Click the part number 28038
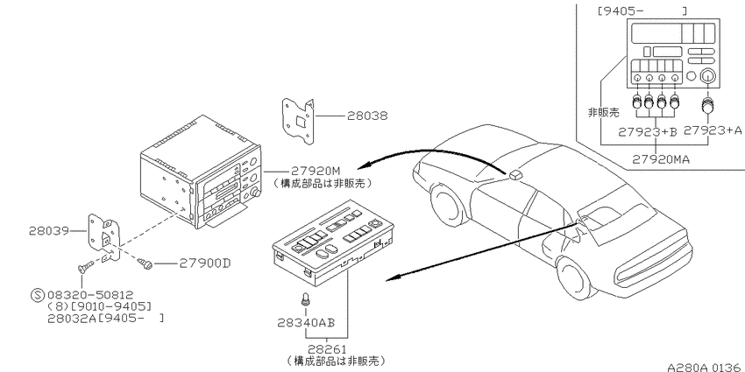click(366, 116)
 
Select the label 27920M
click(315, 171)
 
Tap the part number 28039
click(48, 231)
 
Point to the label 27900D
click(204, 263)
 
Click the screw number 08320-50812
click(90, 295)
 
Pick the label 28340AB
click(306, 323)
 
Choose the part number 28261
click(327, 349)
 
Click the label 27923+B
click(647, 132)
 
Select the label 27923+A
click(713, 130)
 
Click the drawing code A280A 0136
click(704, 368)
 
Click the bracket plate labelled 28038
click(298, 121)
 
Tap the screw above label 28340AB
click(306, 300)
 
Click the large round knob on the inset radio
click(708, 75)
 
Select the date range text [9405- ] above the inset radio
click(642, 11)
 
